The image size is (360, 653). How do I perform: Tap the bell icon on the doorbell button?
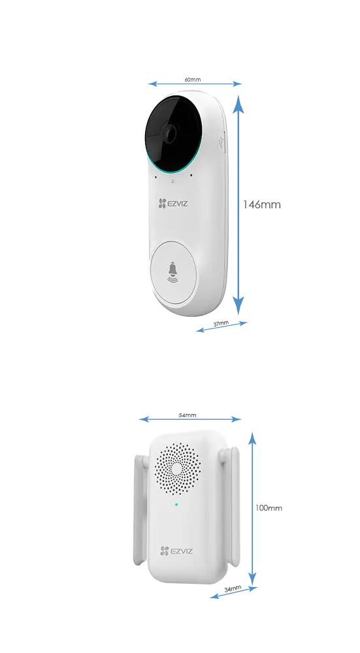tap(172, 270)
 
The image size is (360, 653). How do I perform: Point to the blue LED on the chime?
tap(176, 504)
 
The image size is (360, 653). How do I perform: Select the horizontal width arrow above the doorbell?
tap(195, 84)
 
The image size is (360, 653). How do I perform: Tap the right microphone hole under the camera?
tap(191, 175)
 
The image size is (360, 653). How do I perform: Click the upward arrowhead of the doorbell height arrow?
tap(241, 101)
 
